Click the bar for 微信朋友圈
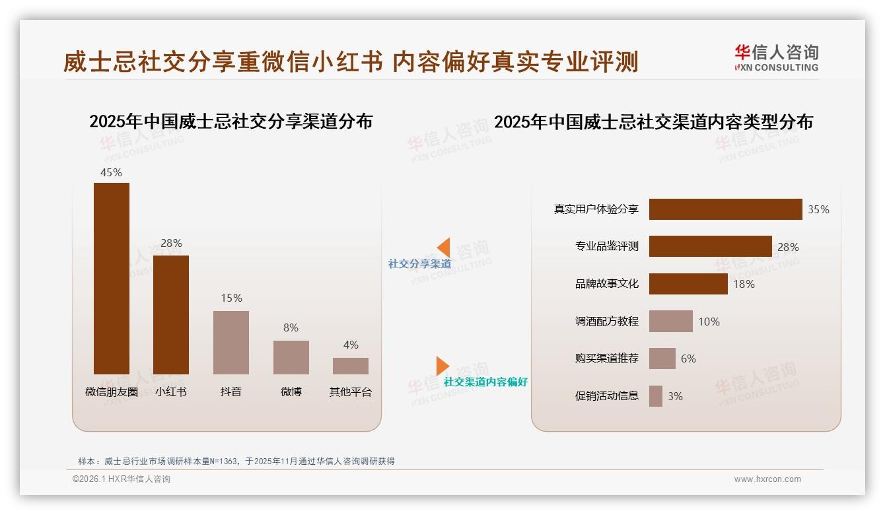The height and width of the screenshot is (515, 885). pyautogui.click(x=111, y=278)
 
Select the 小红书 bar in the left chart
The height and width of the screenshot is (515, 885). pyautogui.click(x=171, y=314)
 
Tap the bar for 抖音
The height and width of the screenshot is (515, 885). pyautogui.click(x=231, y=342)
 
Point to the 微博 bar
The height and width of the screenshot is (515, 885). pyautogui.click(x=291, y=357)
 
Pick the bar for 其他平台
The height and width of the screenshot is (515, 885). pyautogui.click(x=351, y=366)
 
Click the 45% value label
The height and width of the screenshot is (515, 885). pyautogui.click(x=111, y=172)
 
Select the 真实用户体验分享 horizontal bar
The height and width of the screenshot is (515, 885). pyautogui.click(x=725, y=209)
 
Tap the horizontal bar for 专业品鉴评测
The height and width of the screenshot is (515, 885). pyautogui.click(x=710, y=246)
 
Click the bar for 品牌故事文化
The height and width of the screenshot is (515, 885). pyautogui.click(x=688, y=284)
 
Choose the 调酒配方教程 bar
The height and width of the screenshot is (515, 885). pyautogui.click(x=670, y=322)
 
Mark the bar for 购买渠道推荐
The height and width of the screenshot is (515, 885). pyautogui.click(x=662, y=359)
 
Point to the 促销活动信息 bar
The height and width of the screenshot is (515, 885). pyautogui.click(x=655, y=396)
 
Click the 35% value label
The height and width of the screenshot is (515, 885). pyautogui.click(x=818, y=209)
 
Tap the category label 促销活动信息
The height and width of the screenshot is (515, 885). pyautogui.click(x=606, y=396)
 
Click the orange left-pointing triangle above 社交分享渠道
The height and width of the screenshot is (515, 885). pyautogui.click(x=443, y=248)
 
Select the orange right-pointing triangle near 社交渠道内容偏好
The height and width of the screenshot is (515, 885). pyautogui.click(x=442, y=366)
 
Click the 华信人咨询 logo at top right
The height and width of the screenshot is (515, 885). pyautogui.click(x=776, y=57)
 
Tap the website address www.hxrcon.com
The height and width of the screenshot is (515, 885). pyautogui.click(x=767, y=479)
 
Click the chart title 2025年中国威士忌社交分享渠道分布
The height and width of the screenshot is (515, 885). pyautogui.click(x=230, y=121)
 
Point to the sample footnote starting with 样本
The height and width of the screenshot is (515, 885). pyautogui.click(x=236, y=461)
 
